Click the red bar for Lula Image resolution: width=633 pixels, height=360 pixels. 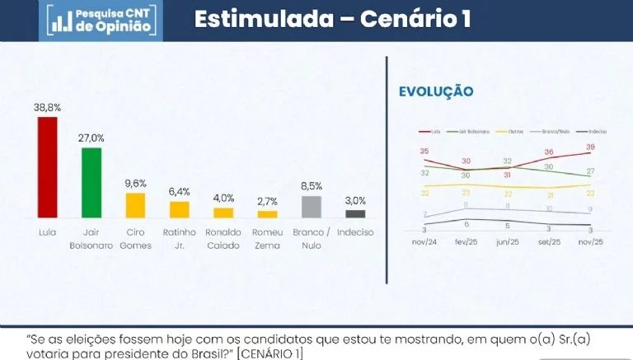[x=48, y=166]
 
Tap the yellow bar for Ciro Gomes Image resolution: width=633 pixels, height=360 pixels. [x=135, y=203]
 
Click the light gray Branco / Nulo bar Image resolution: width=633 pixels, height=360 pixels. [x=311, y=205]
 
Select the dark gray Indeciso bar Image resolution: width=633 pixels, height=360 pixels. [x=355, y=213]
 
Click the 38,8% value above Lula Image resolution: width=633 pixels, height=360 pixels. [x=48, y=108]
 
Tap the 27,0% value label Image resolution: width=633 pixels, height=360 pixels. [x=91, y=138]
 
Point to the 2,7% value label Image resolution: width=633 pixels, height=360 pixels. [x=267, y=202]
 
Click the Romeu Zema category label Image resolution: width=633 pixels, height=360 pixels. [x=267, y=238]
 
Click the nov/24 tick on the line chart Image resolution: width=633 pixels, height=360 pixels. [x=424, y=243]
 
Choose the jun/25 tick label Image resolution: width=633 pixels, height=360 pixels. [x=507, y=243]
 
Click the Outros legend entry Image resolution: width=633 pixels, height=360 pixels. [x=514, y=132]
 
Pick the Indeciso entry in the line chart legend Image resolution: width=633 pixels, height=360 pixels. [x=594, y=132]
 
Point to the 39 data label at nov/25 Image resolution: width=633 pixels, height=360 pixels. [x=589, y=147]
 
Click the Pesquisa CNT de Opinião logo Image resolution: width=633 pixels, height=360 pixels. [x=100, y=21]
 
